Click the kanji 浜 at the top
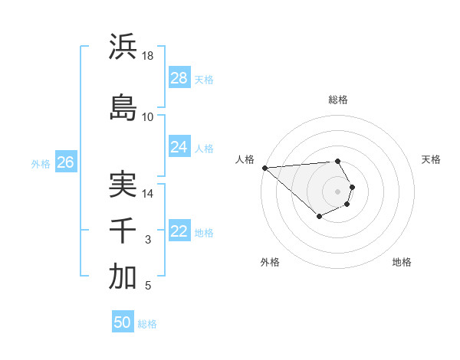tap(123, 47)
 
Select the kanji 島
tap(123, 107)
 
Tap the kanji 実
tap(123, 184)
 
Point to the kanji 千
tap(123, 231)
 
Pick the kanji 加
tap(123, 277)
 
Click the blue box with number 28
tap(179, 78)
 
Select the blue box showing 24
tap(179, 147)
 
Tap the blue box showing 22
tap(179, 232)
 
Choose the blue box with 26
tap(66, 162)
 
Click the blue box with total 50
tap(123, 322)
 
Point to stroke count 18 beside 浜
tap(148, 56)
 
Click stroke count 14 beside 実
tap(148, 194)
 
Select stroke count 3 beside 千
tap(148, 241)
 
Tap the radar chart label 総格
tap(337, 100)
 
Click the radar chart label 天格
tap(431, 159)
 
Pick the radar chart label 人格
tap(245, 159)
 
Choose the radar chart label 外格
tap(270, 262)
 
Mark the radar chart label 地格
tap(402, 262)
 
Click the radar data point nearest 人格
tap(264, 168)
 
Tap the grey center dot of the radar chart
tap(337, 191)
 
